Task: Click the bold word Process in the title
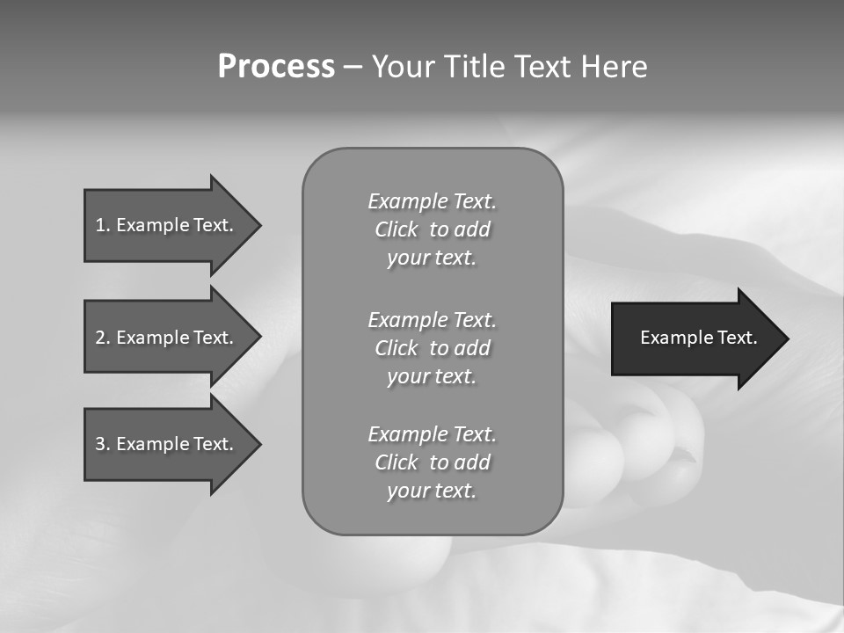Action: tap(276, 67)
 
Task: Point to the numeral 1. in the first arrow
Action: tap(102, 225)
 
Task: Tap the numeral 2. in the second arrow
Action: tap(102, 338)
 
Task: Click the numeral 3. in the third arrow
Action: tap(102, 444)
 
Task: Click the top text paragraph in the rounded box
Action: tap(432, 229)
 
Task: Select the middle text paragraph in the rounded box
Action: tap(432, 347)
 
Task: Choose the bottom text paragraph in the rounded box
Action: tap(432, 462)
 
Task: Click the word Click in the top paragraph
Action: tap(396, 229)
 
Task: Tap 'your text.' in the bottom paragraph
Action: tap(432, 491)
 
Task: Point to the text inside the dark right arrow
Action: tap(699, 338)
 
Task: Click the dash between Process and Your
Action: tap(353, 68)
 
